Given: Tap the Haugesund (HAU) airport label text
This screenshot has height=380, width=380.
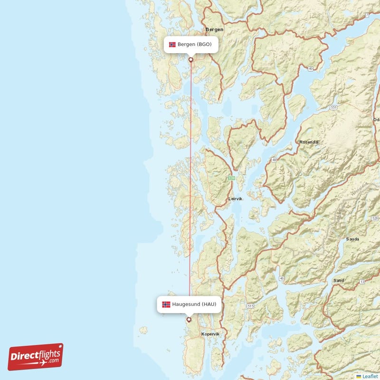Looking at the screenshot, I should pos(195,304).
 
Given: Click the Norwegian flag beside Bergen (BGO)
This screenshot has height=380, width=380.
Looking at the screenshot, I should pos(172,45).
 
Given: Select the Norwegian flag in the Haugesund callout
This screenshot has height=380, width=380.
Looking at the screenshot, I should pos(166,304).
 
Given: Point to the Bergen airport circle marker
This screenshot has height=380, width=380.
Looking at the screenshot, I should pos(191,60).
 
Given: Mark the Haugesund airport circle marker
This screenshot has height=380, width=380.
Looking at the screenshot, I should pos(189,319).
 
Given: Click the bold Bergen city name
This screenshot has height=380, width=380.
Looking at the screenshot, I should pos(214,29).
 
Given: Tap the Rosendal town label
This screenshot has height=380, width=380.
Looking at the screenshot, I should pos(309,142).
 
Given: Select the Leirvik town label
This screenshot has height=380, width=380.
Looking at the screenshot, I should pos(235,199).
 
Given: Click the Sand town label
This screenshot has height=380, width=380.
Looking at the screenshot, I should pos(338,281).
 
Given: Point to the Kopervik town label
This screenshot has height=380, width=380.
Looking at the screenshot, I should pos(210,334).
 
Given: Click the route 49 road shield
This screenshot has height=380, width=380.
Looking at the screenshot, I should pos(310,69).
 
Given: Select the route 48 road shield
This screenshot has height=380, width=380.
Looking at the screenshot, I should pos(274,160).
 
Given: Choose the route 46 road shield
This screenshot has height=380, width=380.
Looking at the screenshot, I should pos(282,278).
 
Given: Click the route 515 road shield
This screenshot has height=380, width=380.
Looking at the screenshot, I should pos(250,307).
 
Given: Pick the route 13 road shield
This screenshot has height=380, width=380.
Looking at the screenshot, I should pos(362,282).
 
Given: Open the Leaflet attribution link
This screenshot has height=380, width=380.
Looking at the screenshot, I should pos(370,376).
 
